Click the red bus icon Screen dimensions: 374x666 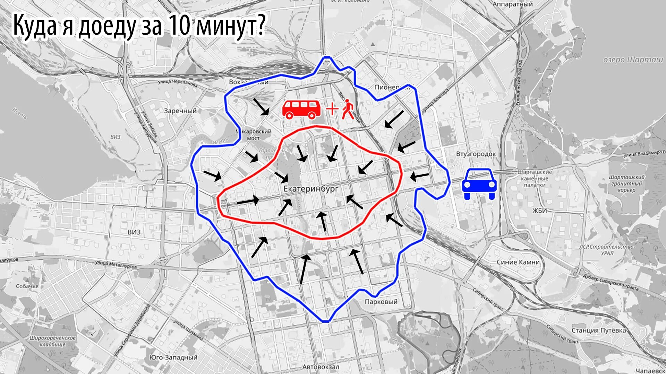point(301,109)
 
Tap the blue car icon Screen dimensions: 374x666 point(479,184)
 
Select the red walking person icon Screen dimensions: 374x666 point(348,109)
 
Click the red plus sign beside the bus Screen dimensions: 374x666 point(332,109)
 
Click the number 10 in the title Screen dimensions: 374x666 point(179,26)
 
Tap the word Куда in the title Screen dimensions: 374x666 point(35,26)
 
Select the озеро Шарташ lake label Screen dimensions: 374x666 point(633,60)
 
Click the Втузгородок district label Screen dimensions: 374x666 point(476,154)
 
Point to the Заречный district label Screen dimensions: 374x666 point(180,111)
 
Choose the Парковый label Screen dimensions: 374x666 point(381,302)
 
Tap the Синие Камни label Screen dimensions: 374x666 point(518,262)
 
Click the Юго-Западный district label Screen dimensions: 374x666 point(173,357)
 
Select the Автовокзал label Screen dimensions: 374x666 point(321,367)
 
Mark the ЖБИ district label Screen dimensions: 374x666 point(540,211)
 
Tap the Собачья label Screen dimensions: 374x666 point(27,286)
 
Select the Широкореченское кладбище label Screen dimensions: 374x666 point(53,341)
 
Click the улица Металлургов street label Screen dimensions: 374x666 point(116,265)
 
